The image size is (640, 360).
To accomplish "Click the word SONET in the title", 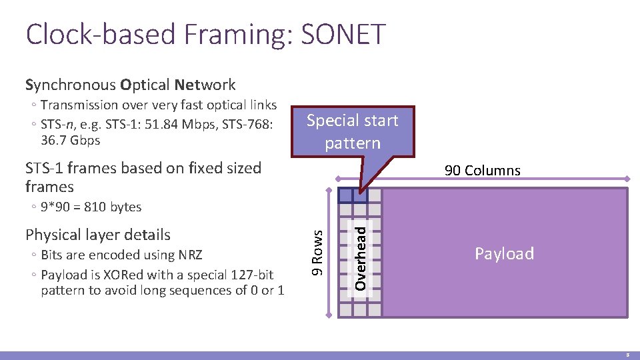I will pos(341,34).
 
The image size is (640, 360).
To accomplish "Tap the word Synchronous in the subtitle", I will pos(71,85).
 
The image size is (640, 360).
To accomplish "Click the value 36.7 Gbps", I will pos(70,140).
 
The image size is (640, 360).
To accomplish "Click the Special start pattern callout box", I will pos(352,131).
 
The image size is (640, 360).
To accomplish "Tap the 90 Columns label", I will pos(482,171).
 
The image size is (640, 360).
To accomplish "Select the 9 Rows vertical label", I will pos(319,253).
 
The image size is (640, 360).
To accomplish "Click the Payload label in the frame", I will pos(504,253).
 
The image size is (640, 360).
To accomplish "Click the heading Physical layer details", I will pos(98,235).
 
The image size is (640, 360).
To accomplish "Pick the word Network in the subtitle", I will pos(205,85).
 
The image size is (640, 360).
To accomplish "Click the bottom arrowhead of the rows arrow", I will pos(329,315).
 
